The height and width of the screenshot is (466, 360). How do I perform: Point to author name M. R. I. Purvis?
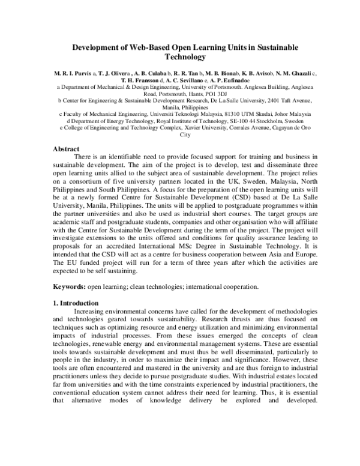(x=70, y=72)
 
